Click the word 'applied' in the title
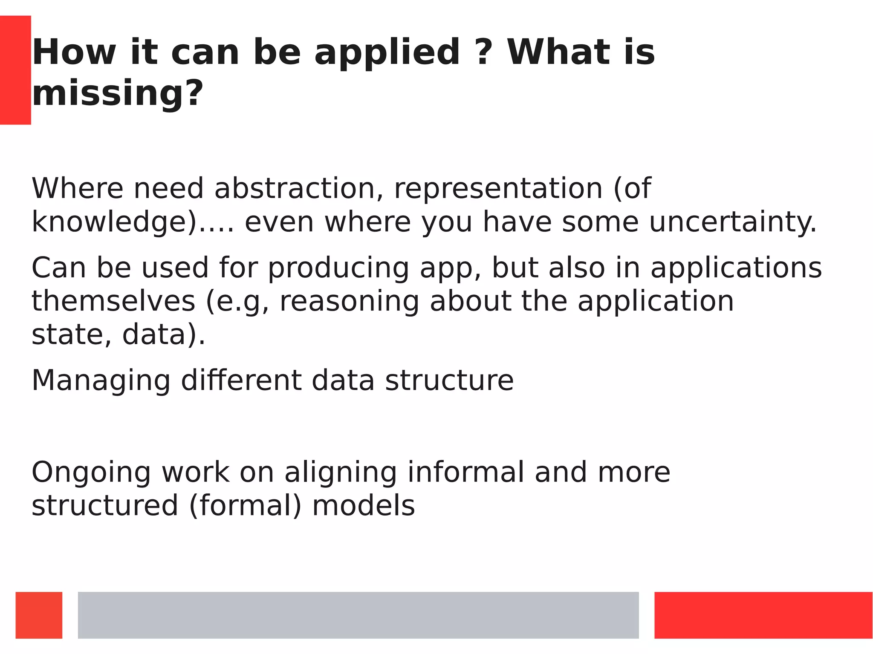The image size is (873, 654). click(387, 53)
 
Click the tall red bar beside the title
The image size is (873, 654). click(15, 70)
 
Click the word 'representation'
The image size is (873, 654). click(498, 189)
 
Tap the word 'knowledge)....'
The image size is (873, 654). click(133, 222)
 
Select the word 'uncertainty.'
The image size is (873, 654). click(732, 222)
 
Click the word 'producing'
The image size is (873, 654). click(338, 268)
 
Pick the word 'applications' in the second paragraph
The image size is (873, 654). click(736, 268)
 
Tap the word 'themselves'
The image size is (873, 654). click(113, 301)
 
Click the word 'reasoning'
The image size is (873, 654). click(349, 302)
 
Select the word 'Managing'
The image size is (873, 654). click(101, 380)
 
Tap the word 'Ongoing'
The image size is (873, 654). click(91, 473)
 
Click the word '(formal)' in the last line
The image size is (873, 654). click(245, 506)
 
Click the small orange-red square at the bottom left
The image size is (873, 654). click(39, 615)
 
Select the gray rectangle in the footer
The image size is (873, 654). click(358, 615)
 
